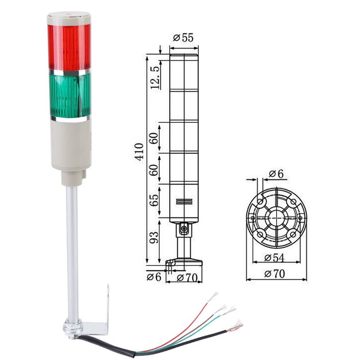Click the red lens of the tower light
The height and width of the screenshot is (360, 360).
pyautogui.click(x=69, y=47)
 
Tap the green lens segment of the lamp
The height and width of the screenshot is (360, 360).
pyautogui.click(x=70, y=94)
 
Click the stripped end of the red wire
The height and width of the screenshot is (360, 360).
pyautogui.click(x=213, y=297)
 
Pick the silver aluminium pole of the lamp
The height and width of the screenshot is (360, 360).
pyautogui.click(x=72, y=247)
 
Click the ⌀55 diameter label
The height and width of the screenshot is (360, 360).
pyautogui.click(x=183, y=38)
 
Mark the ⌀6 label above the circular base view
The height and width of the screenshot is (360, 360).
pyautogui.click(x=276, y=174)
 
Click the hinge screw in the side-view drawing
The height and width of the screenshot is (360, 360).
pyautogui.click(x=184, y=229)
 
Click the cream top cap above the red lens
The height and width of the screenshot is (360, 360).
pyautogui.click(x=69, y=18)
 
